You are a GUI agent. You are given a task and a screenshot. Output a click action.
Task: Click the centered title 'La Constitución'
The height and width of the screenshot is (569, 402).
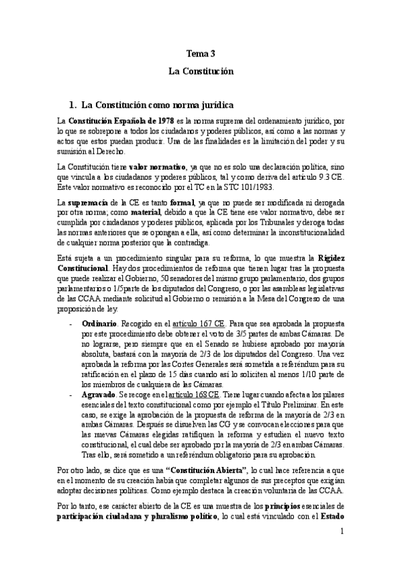(201, 70)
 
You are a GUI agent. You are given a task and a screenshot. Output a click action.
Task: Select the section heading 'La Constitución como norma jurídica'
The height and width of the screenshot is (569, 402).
(157, 105)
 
